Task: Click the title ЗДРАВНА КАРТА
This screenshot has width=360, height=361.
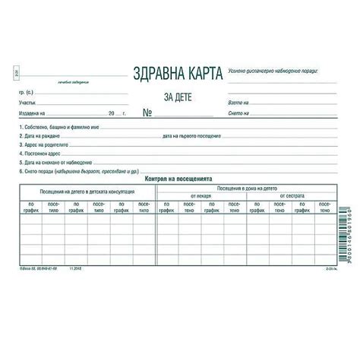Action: click(177, 74)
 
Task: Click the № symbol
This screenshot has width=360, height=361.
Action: click(149, 113)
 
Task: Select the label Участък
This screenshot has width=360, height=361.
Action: click(26, 100)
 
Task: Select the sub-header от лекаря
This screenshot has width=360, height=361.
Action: click(201, 195)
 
